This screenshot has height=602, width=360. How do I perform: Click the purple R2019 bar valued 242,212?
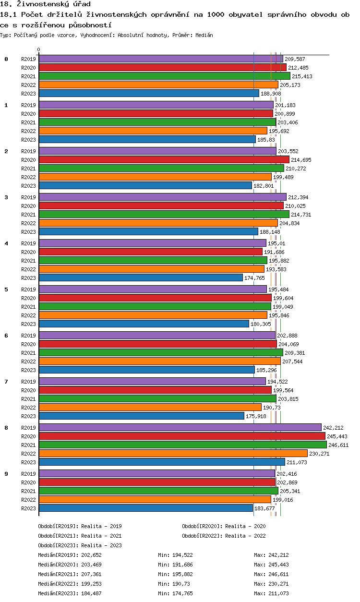(180, 427)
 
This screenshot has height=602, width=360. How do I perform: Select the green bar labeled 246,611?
(182, 445)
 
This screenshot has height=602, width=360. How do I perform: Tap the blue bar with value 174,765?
(141, 277)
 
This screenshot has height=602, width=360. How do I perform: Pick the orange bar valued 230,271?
(173, 453)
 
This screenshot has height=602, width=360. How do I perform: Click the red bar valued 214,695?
(164, 159)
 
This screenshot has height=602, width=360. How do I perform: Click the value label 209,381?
(294, 353)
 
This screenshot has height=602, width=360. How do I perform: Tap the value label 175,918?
(256, 416)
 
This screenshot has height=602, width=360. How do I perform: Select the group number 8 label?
(6, 427)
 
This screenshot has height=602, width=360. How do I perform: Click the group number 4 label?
(6, 243)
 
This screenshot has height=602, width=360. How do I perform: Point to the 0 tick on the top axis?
(39, 49)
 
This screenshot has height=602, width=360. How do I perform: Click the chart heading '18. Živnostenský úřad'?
(46, 4)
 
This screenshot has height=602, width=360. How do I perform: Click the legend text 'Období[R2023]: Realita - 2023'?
(80, 545)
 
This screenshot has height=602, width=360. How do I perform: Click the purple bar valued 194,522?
(152, 381)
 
